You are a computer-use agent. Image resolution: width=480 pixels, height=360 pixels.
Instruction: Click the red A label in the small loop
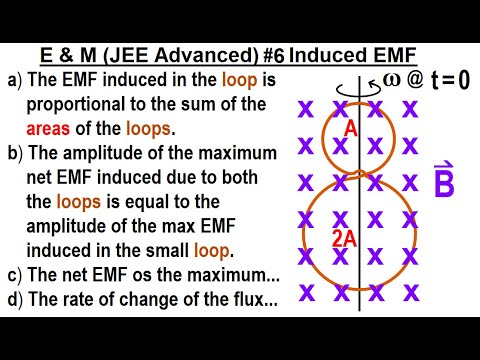(x=351, y=128)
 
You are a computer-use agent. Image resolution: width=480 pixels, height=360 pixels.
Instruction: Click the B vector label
(x=445, y=182)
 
